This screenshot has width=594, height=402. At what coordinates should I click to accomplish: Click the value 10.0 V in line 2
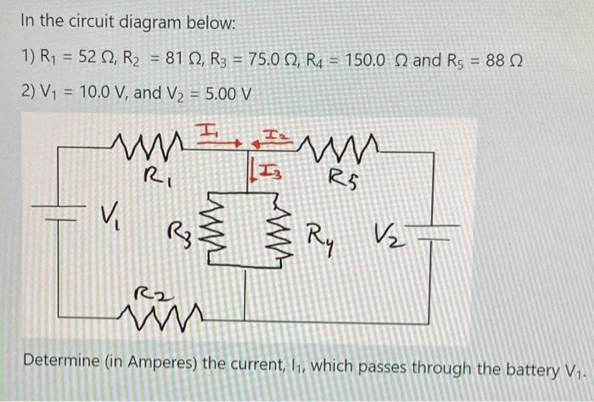coord(96,91)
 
